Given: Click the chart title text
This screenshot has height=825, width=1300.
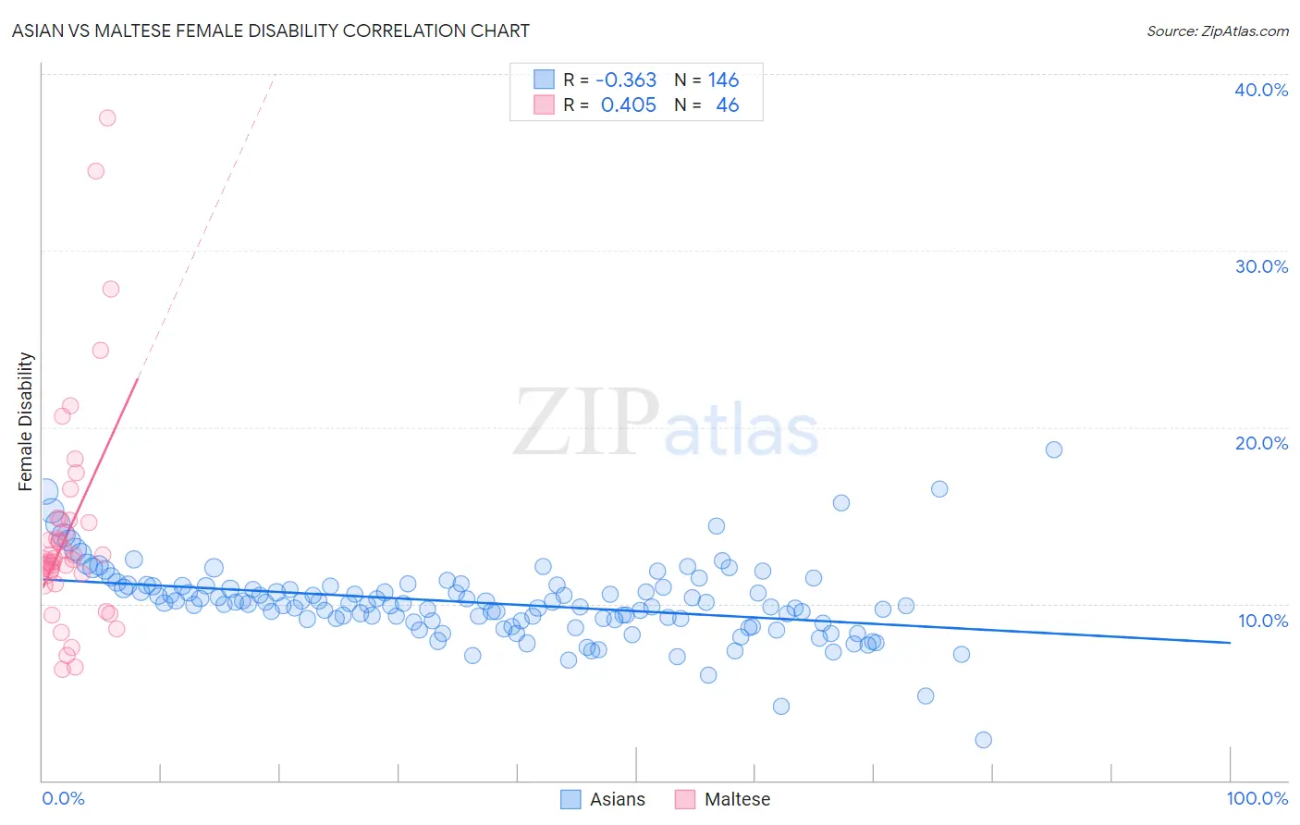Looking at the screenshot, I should point(271,31).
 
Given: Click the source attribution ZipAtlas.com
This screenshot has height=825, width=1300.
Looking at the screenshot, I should point(1217,31).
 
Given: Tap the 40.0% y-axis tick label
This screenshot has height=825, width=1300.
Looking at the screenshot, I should point(1261,90).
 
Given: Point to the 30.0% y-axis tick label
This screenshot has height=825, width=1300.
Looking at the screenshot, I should point(1261,266).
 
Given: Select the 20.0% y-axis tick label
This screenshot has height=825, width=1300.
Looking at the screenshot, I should point(1261,443).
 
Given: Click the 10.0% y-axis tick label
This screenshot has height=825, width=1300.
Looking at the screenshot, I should point(1261,621).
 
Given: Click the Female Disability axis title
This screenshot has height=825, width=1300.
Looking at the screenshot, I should point(26,422).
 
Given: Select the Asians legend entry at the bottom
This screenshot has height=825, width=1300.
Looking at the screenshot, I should point(604,799).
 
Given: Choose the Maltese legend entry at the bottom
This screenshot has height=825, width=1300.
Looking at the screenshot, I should point(723,799).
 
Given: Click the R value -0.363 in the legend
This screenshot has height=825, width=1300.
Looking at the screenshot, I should point(626,80).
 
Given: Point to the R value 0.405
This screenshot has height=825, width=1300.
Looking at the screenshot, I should point(629,105).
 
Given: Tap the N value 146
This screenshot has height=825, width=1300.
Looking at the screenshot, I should point(724,80).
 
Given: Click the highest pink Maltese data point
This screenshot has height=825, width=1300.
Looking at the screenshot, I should point(107,117).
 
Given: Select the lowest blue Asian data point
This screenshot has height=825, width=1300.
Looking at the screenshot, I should point(984,740).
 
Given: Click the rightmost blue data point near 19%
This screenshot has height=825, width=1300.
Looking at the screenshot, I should point(1054,449).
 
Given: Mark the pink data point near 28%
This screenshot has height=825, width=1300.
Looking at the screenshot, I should point(111,289).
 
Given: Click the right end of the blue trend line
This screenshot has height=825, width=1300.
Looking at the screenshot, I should point(1230,642).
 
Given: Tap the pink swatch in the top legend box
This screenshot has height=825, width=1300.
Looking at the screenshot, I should point(544,105).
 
